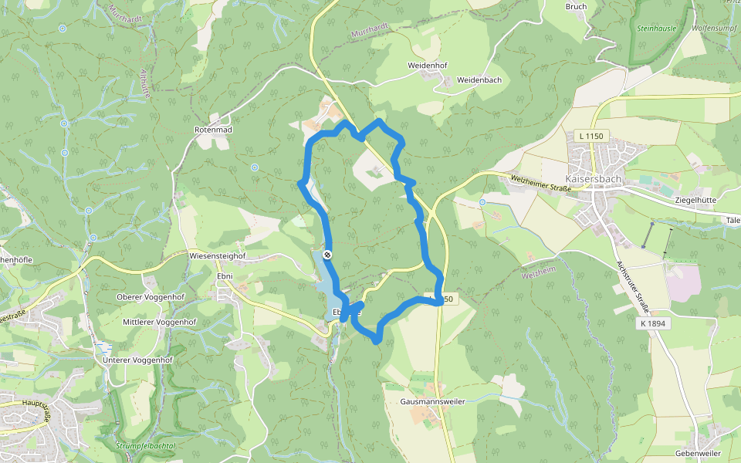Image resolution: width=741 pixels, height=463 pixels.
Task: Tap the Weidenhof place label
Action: point(428,66)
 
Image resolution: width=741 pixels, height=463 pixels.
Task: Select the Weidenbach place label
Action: point(479,80)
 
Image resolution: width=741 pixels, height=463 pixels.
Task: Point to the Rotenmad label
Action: point(213,130)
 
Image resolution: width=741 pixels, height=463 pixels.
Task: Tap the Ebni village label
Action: point(225,275)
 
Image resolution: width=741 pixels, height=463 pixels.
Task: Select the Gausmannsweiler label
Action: point(432,402)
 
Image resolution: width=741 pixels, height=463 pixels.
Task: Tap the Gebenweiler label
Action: point(697,453)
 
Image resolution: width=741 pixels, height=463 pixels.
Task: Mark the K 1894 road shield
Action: point(653,323)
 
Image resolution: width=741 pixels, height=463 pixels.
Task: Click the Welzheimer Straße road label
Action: point(540,183)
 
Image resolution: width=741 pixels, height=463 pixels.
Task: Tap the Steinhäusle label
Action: point(657,29)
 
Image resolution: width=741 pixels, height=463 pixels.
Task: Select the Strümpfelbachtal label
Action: point(145,446)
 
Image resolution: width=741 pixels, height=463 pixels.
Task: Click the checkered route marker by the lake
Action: point(328,255)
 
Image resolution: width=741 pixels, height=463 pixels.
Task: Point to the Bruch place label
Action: point(576,7)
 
